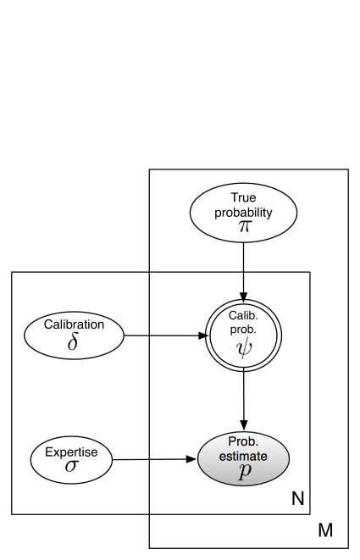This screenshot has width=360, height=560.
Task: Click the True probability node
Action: coord(243,213)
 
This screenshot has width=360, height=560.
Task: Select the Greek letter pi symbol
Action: coord(244,226)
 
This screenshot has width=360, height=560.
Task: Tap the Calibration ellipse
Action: coord(74,335)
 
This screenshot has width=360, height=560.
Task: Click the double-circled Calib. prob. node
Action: coord(243,335)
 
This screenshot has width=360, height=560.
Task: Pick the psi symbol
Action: coord(243,348)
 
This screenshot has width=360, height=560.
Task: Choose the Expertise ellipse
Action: coord(71,460)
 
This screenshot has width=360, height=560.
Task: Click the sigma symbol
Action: coord(71,466)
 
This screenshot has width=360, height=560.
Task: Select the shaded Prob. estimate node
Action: coord(243,459)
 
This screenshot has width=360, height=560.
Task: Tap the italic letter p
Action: coord(244,471)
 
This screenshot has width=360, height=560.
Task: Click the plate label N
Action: coord(298,498)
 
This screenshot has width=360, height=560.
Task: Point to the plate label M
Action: coord(325,530)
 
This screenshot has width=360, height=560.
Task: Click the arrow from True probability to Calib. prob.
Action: coord(244,272)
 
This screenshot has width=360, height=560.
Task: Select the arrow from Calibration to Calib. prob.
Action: coord(166,335)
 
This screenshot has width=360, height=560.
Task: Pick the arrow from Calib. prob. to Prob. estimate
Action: coord(244,401)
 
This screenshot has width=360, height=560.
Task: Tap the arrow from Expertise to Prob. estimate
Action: coord(154,459)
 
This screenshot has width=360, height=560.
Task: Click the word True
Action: coord(243,197)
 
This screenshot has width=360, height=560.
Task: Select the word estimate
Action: coord(243,456)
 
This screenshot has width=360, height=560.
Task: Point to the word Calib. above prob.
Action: coord(243,315)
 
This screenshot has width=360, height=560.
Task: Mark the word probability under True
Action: coord(243,213)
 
